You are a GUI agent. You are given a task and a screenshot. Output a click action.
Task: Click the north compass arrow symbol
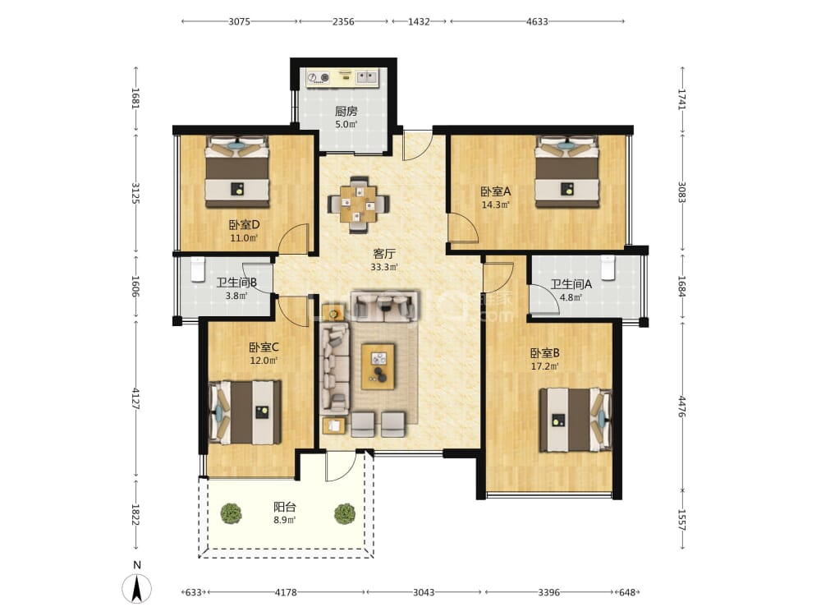click(x=136, y=588)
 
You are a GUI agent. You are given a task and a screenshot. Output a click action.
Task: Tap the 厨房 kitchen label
click(x=346, y=111)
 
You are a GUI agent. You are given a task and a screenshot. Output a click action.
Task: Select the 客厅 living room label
click(x=383, y=254)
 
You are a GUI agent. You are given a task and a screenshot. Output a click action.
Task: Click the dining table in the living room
click(x=359, y=205)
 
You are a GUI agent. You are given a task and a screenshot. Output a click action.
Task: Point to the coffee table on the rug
click(x=378, y=366)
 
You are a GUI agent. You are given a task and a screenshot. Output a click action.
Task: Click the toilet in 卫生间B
click(x=197, y=269)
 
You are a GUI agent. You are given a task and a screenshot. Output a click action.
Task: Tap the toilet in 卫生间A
click(x=608, y=268)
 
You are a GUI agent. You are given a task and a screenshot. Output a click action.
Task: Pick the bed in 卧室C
click(x=245, y=412)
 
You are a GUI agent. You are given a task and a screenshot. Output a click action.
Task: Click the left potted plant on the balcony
click(x=231, y=513)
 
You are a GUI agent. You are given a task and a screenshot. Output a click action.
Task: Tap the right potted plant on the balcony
click(x=345, y=513)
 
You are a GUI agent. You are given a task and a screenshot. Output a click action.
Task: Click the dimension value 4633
click(x=537, y=21)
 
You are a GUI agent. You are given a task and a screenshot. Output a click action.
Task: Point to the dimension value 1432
click(x=419, y=21)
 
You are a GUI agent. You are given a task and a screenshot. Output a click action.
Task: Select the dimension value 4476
click(x=681, y=407)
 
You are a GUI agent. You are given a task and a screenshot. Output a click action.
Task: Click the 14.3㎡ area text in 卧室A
click(x=496, y=205)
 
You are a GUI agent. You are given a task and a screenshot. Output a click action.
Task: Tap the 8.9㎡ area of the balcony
click(x=284, y=520)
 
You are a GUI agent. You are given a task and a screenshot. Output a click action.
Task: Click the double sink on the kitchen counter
click(x=367, y=77)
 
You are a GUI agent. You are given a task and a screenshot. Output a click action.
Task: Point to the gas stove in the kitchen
click(x=319, y=77)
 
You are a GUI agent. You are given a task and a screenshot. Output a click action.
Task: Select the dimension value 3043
click(x=424, y=592)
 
